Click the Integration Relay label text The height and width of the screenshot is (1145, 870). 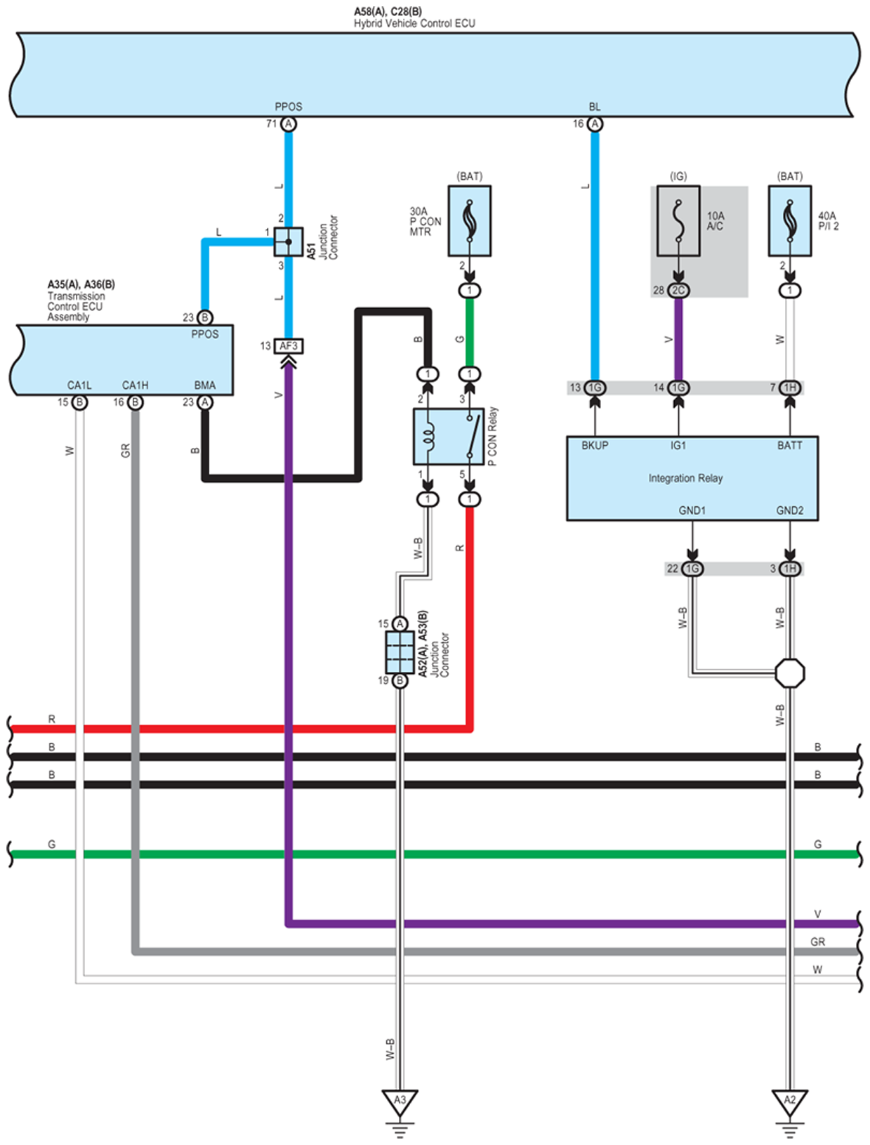[x=685, y=478]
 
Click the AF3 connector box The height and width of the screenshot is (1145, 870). [x=288, y=346]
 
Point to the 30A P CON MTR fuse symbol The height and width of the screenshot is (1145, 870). [x=469, y=221]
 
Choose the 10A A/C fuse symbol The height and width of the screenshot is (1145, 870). [x=678, y=221]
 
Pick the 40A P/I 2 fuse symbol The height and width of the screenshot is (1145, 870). [x=789, y=221]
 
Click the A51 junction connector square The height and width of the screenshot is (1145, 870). [x=288, y=241]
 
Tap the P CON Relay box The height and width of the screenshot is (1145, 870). [x=448, y=436]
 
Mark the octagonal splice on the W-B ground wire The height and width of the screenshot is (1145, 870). [x=789, y=673]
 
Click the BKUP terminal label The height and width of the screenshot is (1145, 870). [x=595, y=446]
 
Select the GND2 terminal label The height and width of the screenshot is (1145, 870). [x=789, y=510]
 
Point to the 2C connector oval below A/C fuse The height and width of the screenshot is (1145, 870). [x=678, y=291]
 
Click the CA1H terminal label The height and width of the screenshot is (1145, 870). [x=135, y=385]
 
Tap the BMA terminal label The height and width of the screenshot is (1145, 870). [x=204, y=385]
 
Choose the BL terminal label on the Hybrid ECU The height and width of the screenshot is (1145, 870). [x=595, y=107]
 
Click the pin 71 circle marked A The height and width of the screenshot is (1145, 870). [x=288, y=124]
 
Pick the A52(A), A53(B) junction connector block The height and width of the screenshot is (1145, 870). [x=400, y=652]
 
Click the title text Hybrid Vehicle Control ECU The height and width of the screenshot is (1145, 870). [x=414, y=23]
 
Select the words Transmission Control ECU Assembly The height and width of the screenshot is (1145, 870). [x=76, y=307]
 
